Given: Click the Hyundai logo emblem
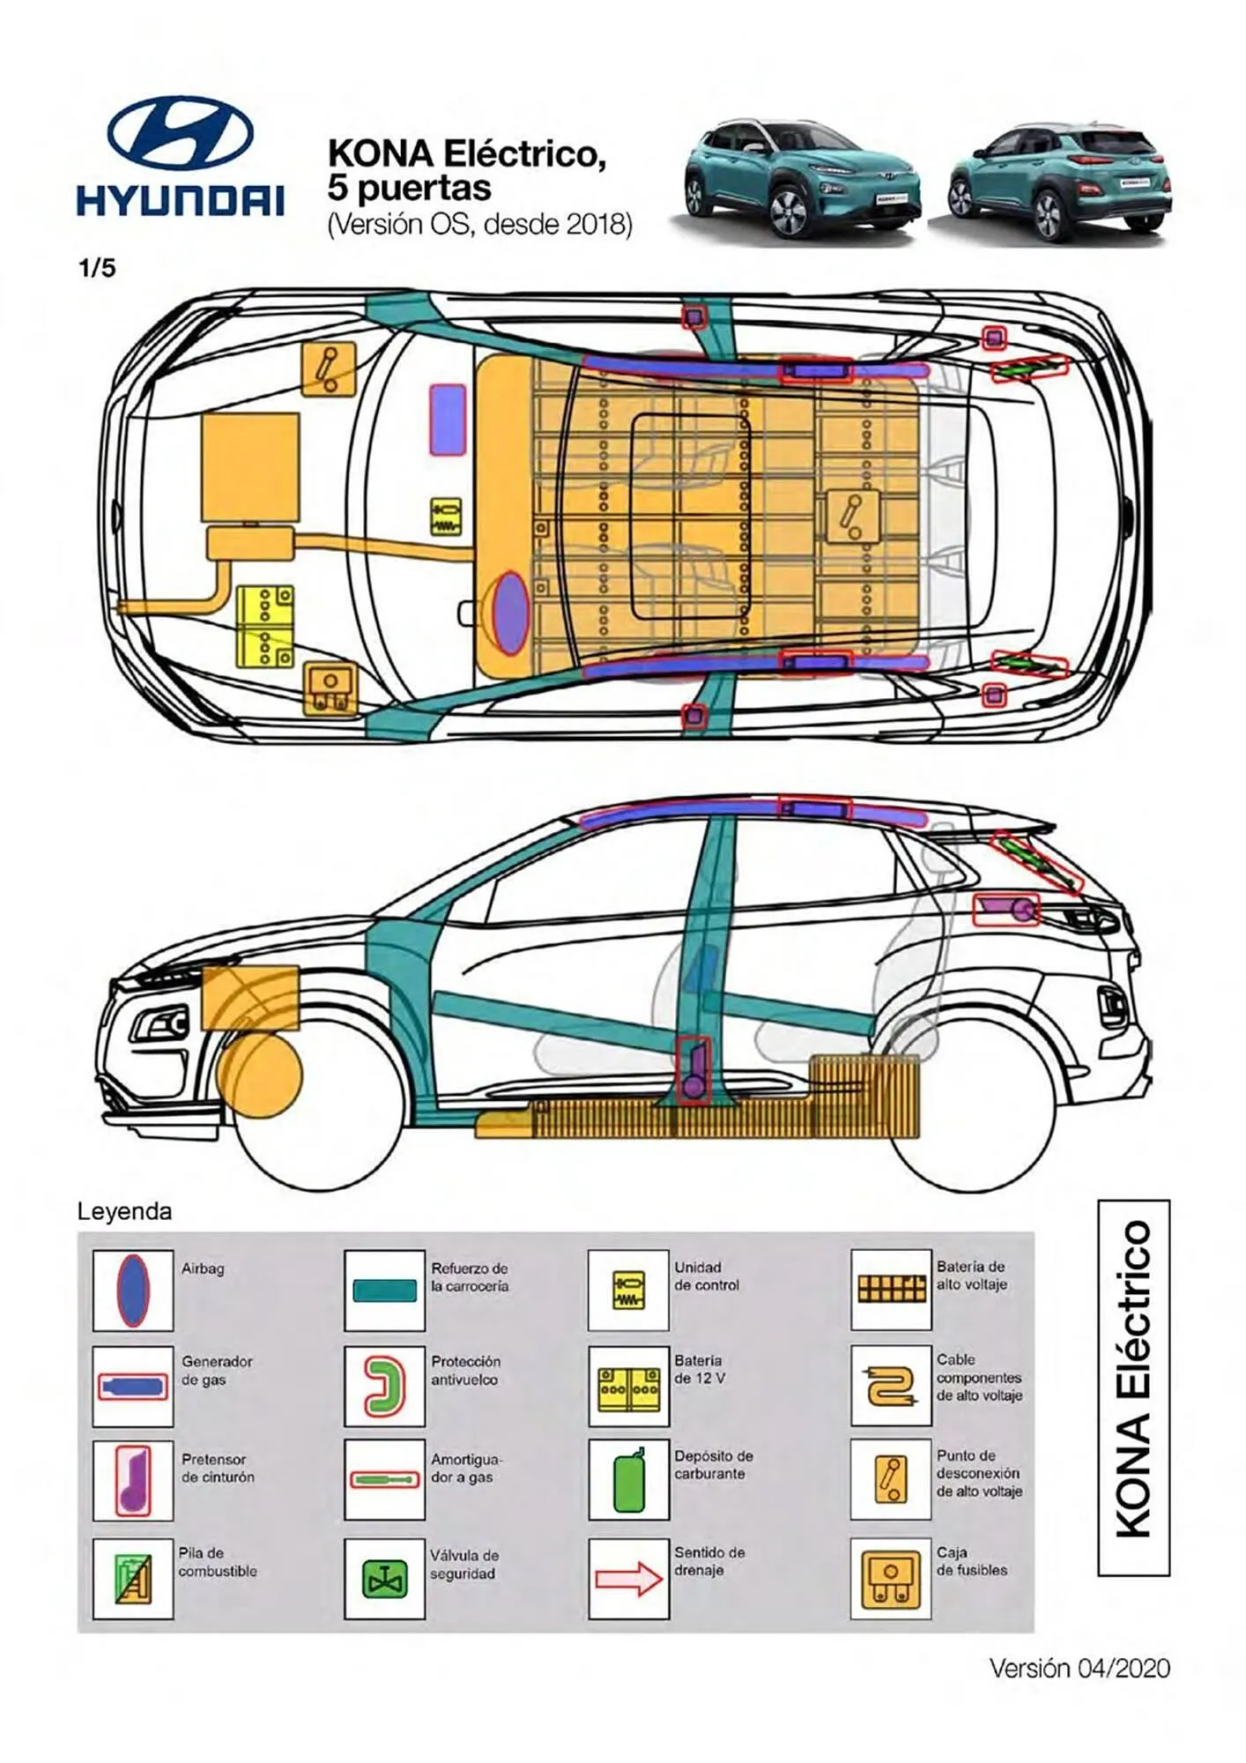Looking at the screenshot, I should click(x=181, y=132).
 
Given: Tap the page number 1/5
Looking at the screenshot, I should click(x=97, y=268).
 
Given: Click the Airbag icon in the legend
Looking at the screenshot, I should click(x=133, y=1290).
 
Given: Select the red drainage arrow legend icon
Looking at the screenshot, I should click(x=628, y=1578).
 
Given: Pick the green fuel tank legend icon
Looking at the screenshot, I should click(x=628, y=1481).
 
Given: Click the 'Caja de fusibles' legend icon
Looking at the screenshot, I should click(x=891, y=1578).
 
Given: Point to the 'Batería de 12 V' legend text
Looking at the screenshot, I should click(x=699, y=1369).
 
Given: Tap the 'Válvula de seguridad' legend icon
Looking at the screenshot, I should click(x=384, y=1578).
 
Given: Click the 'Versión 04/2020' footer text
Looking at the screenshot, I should click(x=1079, y=1668).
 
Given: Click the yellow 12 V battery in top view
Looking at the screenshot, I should click(x=264, y=626).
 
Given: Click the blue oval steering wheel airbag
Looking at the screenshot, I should click(x=509, y=613).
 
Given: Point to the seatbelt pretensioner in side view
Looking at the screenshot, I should click(x=693, y=1071).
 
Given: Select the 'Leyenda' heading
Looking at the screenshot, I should click(x=124, y=1211).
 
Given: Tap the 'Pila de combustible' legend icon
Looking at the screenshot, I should click(x=133, y=1578).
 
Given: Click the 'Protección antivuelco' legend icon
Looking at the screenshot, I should click(x=384, y=1386).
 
